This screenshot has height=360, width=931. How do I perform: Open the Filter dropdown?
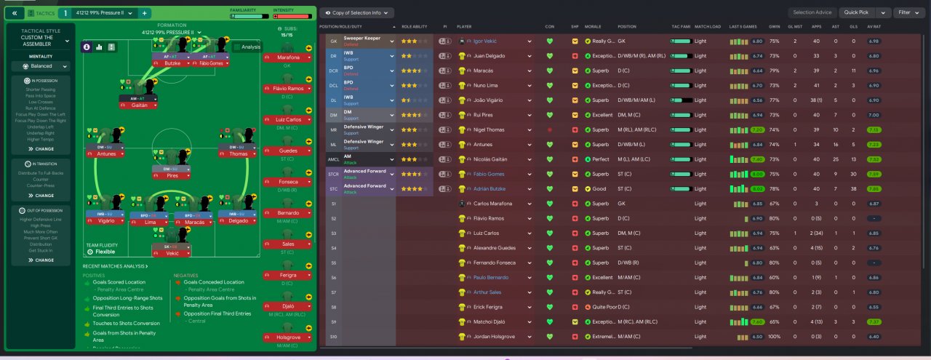tap(908, 12)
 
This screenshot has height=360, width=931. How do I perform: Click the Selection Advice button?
tap(812, 12)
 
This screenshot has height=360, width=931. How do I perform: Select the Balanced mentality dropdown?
tap(41, 66)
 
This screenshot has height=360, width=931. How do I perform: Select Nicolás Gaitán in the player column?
tap(492, 159)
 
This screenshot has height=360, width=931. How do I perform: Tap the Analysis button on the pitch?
tap(247, 47)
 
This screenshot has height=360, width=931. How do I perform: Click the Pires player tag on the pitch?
tap(172, 175)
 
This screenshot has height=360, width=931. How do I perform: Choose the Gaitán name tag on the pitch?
tap(138, 105)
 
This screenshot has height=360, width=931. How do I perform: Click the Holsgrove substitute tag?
tap(289, 337)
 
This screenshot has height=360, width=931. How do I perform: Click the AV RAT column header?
tap(874, 26)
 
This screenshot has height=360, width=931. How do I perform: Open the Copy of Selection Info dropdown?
tap(356, 12)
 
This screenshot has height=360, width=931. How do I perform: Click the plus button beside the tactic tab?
tap(145, 13)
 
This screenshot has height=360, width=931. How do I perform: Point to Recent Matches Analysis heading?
tap(115, 266)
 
